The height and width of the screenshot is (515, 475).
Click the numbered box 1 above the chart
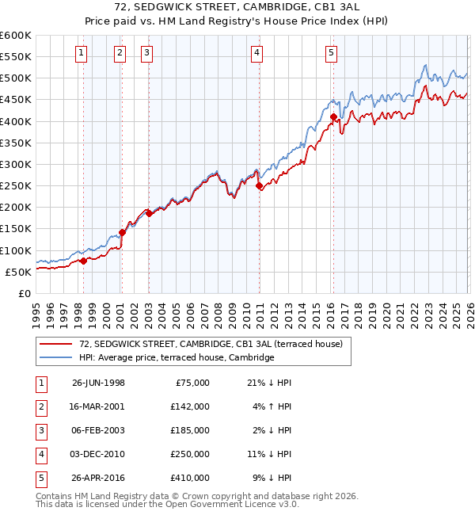tap(82, 53)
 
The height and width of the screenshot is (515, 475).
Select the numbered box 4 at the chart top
tap(257, 53)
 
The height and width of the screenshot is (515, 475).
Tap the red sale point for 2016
tap(333, 117)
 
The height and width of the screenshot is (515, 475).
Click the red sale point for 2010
tap(259, 186)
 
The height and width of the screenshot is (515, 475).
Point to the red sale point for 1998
tap(84, 261)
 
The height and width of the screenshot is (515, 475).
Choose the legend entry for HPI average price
tap(177, 357)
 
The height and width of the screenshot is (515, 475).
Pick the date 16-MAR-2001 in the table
tap(98, 406)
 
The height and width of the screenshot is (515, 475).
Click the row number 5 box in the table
tap(39, 478)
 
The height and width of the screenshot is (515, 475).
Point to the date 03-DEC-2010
tap(98, 454)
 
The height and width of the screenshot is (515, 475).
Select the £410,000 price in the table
tap(190, 478)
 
